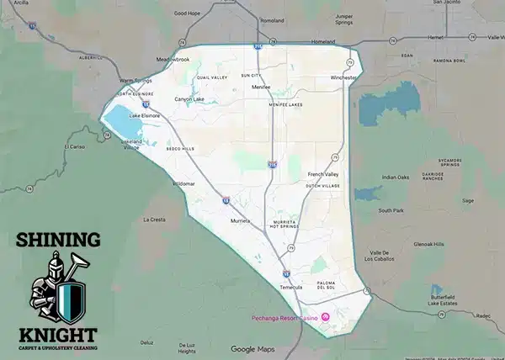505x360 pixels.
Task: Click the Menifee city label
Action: pyautogui.click(x=261, y=87)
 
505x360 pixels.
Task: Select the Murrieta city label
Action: pyautogui.click(x=241, y=221)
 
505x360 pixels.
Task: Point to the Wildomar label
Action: pyautogui.click(x=183, y=183)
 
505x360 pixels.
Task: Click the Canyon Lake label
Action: pyautogui.click(x=189, y=99)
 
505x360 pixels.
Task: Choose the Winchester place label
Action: pyautogui.click(x=343, y=77)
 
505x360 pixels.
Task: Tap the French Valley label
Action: pyautogui.click(x=322, y=173)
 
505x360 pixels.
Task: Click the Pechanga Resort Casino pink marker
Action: pyautogui.click(x=327, y=316)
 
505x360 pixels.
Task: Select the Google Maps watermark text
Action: pyautogui.click(x=252, y=349)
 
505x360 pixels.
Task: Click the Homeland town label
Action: pyautogui.click(x=323, y=42)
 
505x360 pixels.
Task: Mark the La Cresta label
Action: pyautogui.click(x=153, y=220)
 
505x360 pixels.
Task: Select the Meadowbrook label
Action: pyautogui.click(x=173, y=59)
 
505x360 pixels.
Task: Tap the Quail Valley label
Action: pyautogui.click(x=212, y=77)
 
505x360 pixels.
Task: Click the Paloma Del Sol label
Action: pyautogui.click(x=326, y=285)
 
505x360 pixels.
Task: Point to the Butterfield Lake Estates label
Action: pyautogui.click(x=447, y=300)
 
